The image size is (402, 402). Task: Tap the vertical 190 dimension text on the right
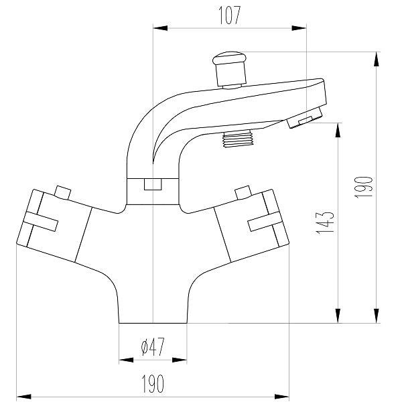click(x=362, y=186)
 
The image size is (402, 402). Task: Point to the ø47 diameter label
click(x=153, y=346)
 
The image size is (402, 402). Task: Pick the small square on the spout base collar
click(x=153, y=184)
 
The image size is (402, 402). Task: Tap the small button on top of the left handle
click(x=64, y=193)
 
